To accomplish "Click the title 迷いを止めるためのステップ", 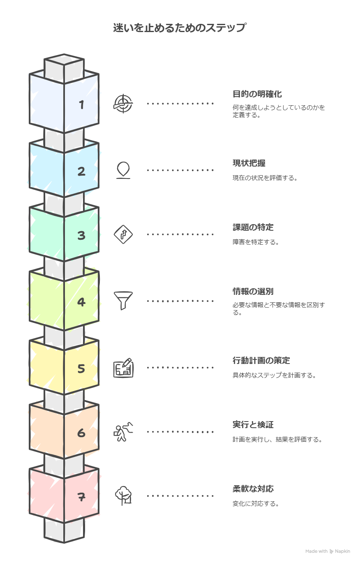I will (180, 28).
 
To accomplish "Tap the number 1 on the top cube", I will (81, 105).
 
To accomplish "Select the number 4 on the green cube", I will (81, 302).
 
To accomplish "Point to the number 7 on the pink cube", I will (81, 497).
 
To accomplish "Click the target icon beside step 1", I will (123, 103).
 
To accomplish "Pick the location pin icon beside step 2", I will (123, 170).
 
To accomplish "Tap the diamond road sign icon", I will (123, 234).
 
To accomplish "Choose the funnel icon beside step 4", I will (123, 301).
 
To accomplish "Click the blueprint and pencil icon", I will (123, 368).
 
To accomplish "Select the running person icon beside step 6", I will (123, 432).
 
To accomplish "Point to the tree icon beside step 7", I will (123, 496).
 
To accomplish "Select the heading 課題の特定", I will (253, 227).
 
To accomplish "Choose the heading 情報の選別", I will (253, 292).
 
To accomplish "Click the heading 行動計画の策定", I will (261, 361).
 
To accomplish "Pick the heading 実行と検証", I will (253, 425).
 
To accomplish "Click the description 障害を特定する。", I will (256, 242).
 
